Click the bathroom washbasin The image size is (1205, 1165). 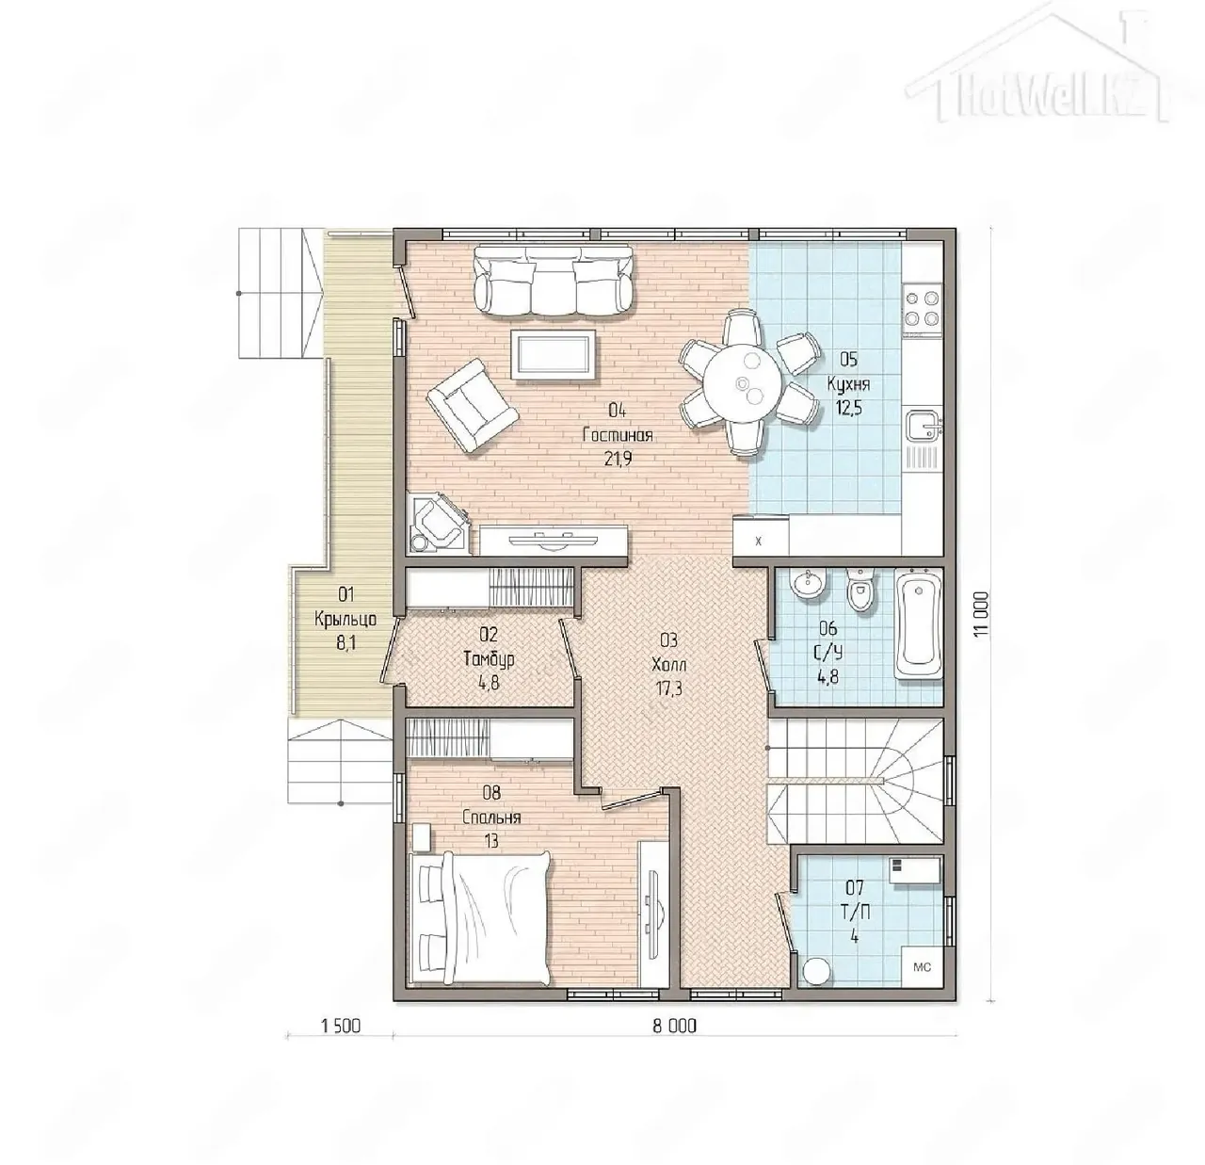pos(809,583)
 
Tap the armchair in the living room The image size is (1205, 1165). pos(472,406)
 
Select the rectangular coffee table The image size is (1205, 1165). pos(553,354)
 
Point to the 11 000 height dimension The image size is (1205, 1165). pos(980,620)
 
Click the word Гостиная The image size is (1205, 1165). pos(618,435)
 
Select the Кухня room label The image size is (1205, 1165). pos(848,384)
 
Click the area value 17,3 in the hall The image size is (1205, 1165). pos(668,688)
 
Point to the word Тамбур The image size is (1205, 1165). pos(489,659)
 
